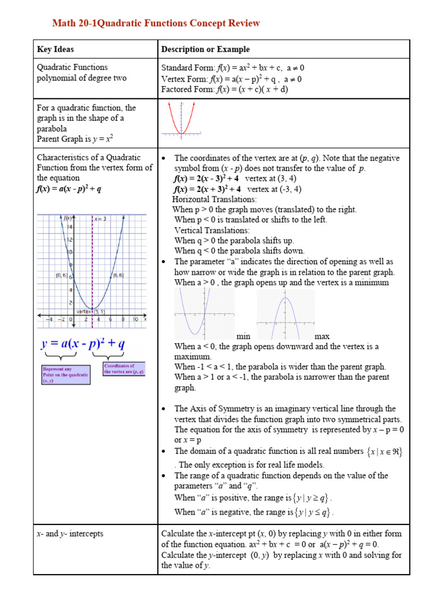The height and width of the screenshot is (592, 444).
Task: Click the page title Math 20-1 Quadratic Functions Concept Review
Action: (x=156, y=23)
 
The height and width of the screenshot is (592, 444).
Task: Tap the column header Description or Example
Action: (x=205, y=50)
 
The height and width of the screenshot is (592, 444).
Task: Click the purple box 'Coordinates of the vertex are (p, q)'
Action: (x=124, y=369)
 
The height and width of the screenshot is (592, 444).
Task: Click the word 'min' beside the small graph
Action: (x=243, y=336)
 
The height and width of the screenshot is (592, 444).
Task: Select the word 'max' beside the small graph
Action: (x=322, y=336)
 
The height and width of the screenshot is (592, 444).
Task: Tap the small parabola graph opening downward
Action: (x=286, y=314)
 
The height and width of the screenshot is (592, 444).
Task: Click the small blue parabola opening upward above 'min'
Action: (x=204, y=314)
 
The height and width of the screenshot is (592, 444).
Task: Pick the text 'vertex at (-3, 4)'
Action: (x=274, y=189)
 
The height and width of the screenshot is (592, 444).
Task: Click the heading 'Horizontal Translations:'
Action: (x=214, y=199)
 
